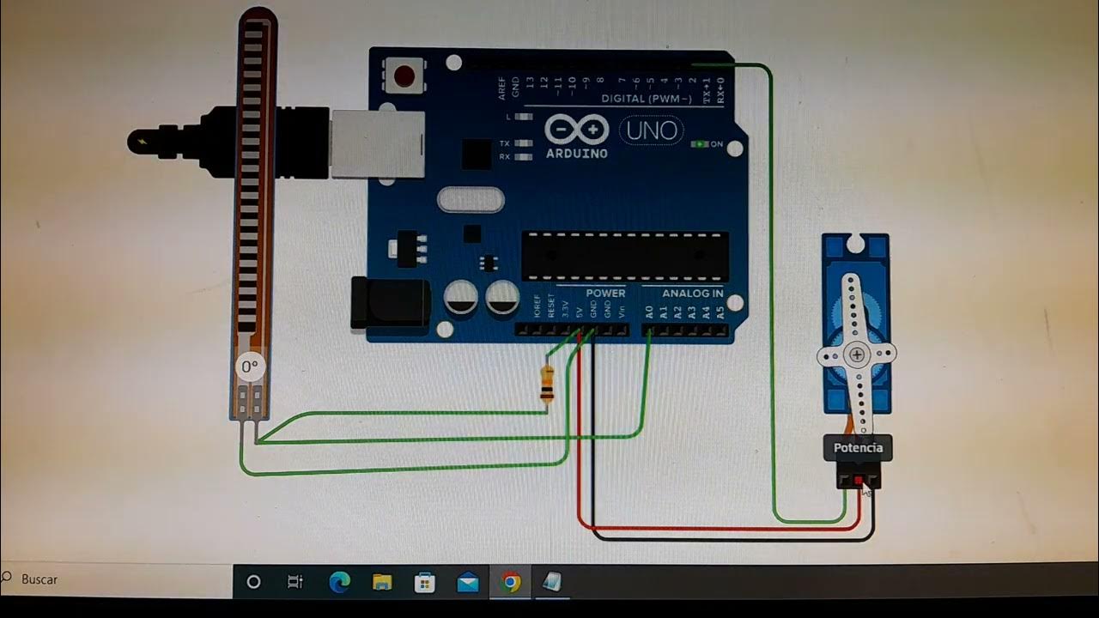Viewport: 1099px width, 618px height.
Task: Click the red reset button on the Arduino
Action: (404, 77)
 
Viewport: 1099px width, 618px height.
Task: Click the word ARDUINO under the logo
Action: (576, 154)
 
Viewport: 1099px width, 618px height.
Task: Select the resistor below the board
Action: (546, 384)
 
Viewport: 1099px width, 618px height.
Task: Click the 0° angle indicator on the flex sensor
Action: (249, 367)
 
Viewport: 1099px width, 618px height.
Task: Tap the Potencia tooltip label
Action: (858, 448)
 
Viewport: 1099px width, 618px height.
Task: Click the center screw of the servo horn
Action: (858, 354)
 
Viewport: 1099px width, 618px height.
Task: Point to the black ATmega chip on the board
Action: (625, 256)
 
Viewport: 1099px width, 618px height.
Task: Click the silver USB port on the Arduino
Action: (378, 143)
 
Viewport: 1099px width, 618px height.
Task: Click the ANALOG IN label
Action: (692, 294)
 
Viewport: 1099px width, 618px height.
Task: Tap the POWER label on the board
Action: (605, 294)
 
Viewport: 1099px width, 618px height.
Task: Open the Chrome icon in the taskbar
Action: (510, 583)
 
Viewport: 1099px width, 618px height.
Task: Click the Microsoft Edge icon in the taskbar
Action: (339, 583)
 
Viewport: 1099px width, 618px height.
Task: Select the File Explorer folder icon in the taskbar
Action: (382, 583)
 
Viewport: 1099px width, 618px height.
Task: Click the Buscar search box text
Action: (39, 579)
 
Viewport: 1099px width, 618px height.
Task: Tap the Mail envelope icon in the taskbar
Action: (468, 583)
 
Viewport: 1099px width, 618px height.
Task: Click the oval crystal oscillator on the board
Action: (470, 200)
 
